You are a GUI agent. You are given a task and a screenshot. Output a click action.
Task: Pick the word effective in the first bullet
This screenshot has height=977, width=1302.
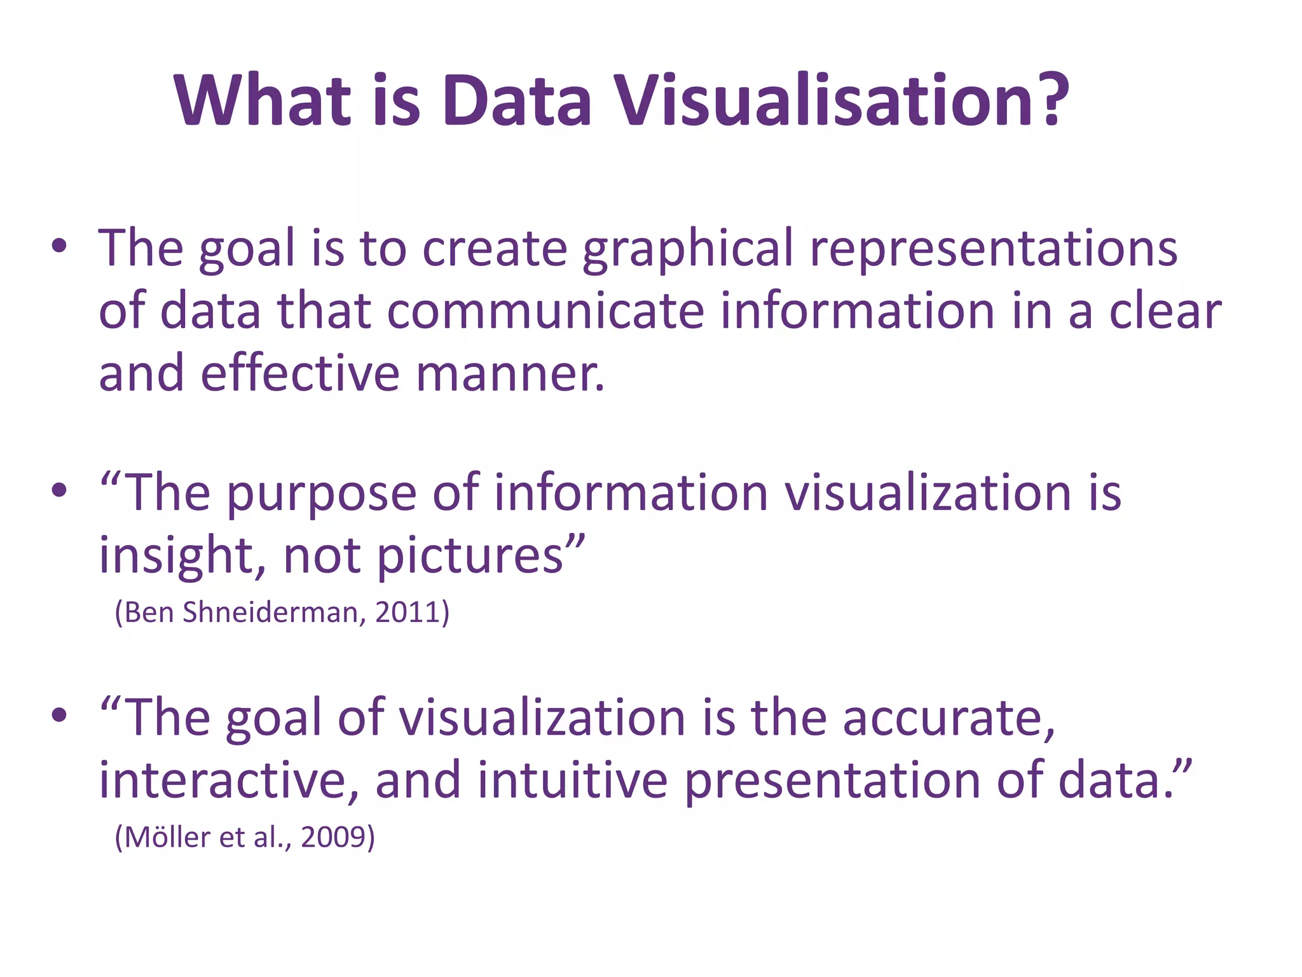coord(300,373)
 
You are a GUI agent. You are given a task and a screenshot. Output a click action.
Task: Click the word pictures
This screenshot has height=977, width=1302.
coord(471,556)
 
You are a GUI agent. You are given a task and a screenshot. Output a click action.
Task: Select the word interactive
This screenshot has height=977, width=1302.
coord(229,780)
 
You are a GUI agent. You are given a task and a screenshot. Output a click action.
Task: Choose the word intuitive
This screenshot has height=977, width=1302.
coord(572,780)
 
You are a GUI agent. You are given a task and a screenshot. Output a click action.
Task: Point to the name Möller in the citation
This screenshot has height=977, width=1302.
coord(167,837)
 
